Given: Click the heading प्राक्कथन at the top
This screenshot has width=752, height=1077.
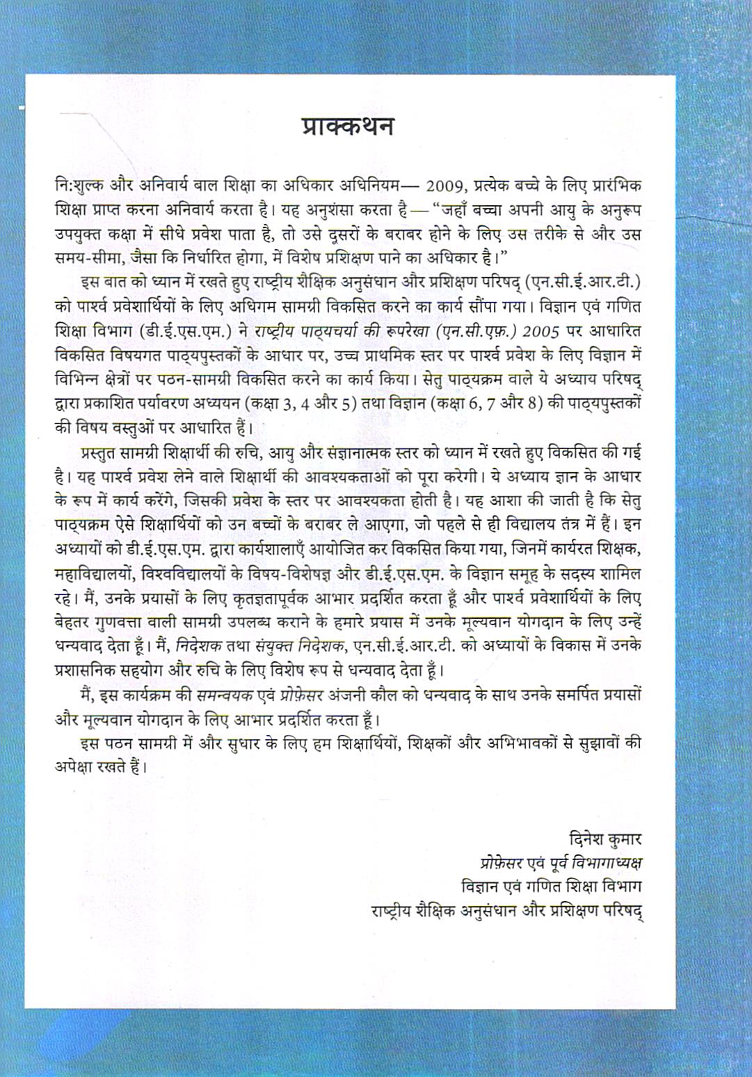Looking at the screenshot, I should [348, 127].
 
